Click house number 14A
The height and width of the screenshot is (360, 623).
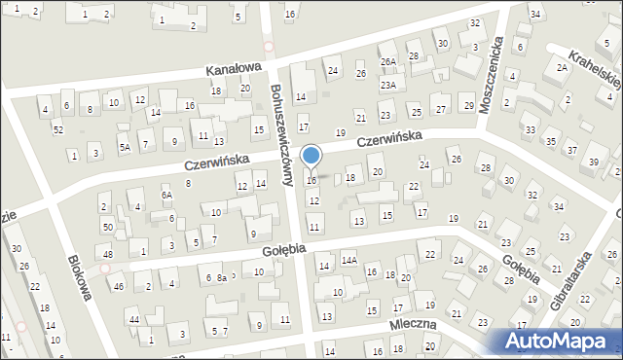(x=349, y=261)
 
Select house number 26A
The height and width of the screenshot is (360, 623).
(x=388, y=61)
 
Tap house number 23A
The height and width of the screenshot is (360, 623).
(x=388, y=86)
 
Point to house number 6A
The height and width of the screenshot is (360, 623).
(x=166, y=196)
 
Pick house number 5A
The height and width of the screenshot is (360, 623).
(x=125, y=148)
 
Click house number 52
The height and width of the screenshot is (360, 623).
(x=58, y=129)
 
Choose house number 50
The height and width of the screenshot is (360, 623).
(x=107, y=227)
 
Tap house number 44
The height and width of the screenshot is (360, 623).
(x=134, y=320)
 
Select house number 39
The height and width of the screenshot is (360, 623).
(x=595, y=161)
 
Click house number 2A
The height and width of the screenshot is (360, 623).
(x=562, y=67)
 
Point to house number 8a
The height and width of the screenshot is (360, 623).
(x=222, y=278)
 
